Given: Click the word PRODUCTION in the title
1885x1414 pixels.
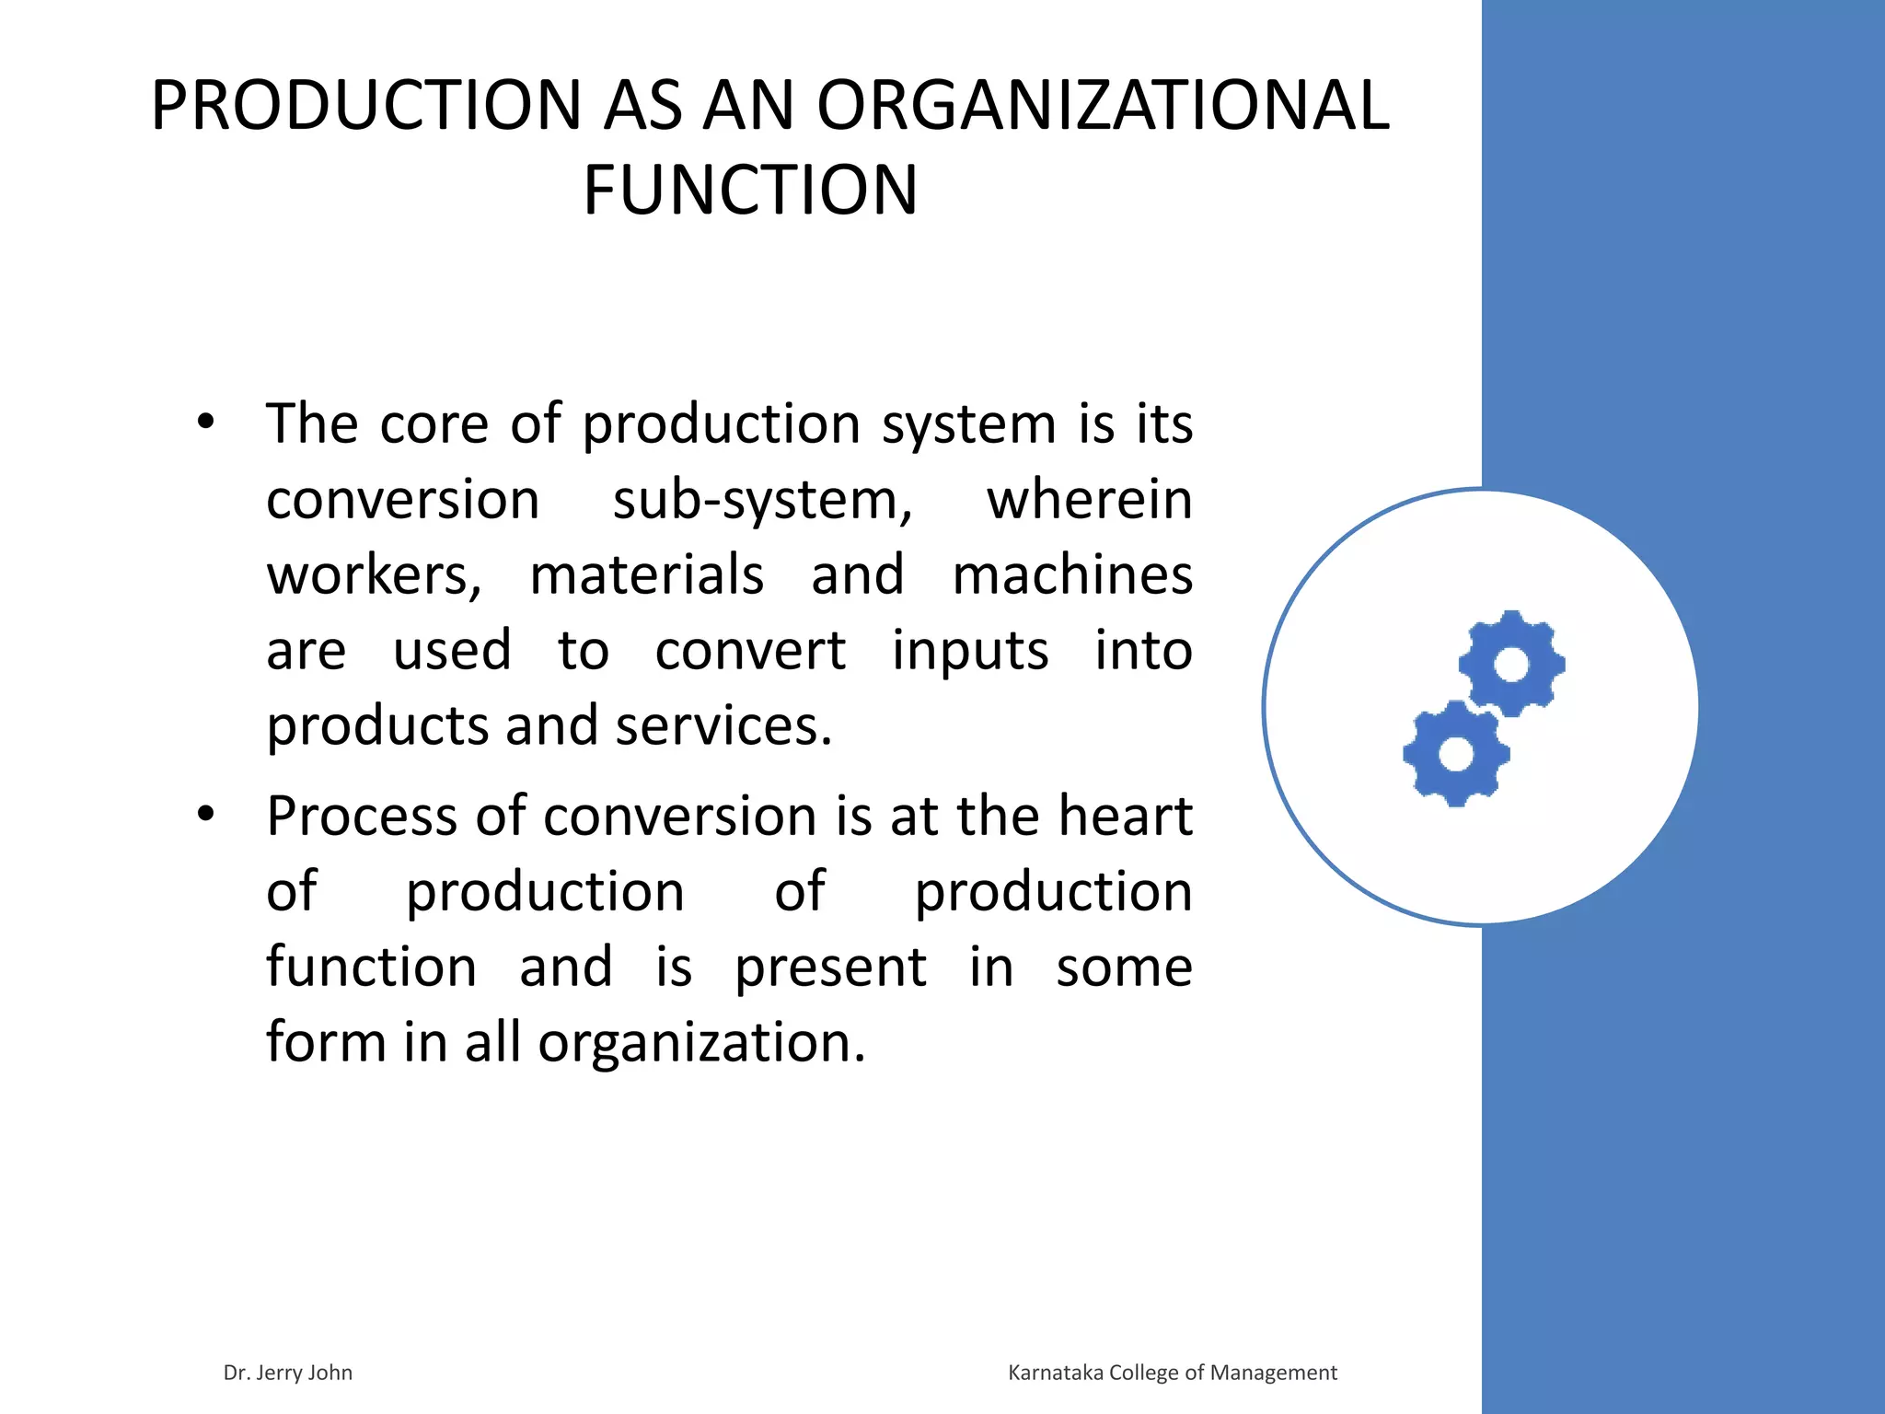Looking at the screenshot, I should [366, 106].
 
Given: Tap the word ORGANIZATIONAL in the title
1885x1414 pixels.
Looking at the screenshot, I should [1103, 106].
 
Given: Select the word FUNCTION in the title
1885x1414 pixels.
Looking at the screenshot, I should [750, 191].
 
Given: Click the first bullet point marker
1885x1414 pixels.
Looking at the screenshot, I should [205, 423].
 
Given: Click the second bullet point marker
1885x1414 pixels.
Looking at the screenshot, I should [205, 815].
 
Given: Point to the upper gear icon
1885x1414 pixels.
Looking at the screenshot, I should [1511, 664].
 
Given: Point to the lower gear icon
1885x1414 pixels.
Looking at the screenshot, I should [1456, 753].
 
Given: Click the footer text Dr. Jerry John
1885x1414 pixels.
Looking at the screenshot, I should [287, 1373].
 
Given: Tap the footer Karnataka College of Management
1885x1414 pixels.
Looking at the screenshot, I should [1172, 1373].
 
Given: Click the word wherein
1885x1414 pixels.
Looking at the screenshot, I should [1089, 500].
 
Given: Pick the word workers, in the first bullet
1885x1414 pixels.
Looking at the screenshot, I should [374, 576].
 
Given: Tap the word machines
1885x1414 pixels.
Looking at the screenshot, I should [1072, 575].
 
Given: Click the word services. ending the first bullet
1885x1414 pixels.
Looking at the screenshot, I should [723, 726].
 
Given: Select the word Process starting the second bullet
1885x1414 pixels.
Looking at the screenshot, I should [362, 817].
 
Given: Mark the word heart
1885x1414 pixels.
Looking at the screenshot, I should [1125, 817].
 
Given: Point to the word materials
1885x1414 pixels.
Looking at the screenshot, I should [646, 575].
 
